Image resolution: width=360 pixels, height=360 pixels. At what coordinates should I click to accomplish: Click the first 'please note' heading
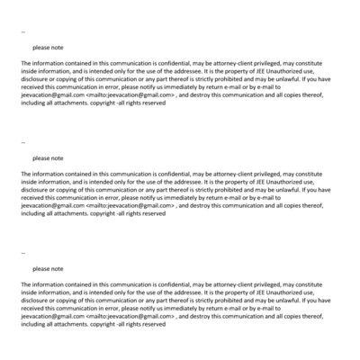point(48,47)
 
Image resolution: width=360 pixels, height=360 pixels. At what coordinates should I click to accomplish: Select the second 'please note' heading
point(48,157)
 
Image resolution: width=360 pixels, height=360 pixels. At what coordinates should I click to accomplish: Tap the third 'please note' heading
point(48,268)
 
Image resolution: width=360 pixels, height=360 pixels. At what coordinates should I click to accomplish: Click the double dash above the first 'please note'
point(22,32)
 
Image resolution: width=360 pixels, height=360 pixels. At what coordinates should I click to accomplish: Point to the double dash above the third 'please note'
point(22,254)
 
